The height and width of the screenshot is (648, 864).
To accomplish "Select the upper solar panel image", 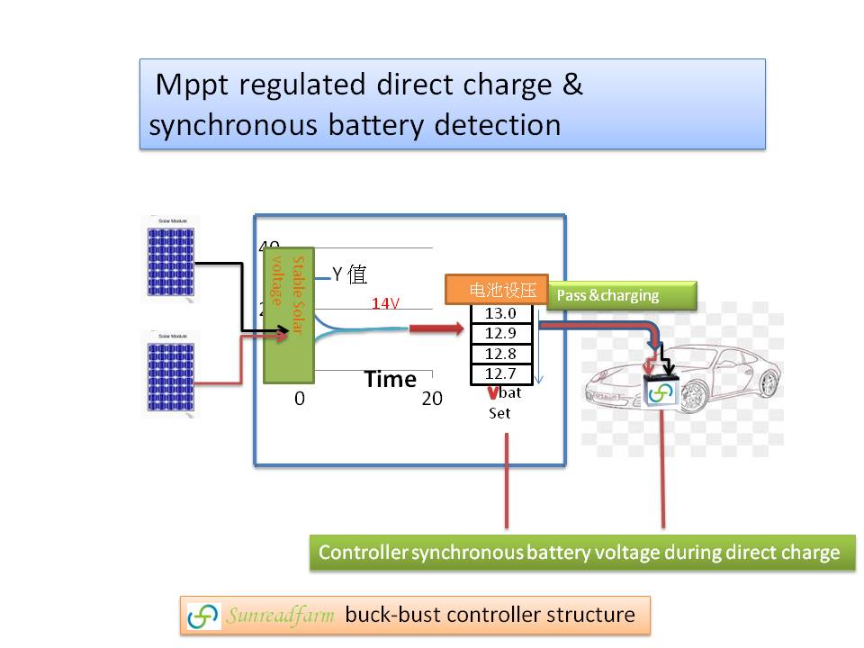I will coord(170,259).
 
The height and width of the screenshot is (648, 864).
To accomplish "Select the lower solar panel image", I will coord(170,373).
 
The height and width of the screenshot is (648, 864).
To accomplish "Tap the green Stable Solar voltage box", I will coord(288,315).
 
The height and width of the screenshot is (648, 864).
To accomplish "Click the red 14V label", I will coord(386,304).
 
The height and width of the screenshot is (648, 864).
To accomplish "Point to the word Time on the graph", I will coord(390,380).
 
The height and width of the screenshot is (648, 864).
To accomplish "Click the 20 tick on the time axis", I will coord(432,399).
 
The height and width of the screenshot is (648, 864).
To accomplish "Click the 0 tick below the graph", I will coord(300,399).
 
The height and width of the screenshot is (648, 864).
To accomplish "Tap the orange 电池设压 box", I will coord(497,290).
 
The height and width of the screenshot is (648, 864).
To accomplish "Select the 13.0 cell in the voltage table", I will coord(500,314).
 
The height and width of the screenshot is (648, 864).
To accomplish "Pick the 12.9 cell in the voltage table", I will coord(500,334).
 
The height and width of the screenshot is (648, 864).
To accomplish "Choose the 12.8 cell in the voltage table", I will coord(500,354).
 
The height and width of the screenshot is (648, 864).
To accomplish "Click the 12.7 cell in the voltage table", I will coord(500,373).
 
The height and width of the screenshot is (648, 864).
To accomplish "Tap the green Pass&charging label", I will coord(621,295).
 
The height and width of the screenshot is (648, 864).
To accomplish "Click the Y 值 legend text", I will coord(349,274).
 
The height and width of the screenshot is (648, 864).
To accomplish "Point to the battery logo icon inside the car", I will coord(661,393).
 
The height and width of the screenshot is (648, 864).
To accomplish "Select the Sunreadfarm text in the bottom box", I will coord(281,616).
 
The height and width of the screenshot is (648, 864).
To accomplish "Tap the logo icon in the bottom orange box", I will coord(203,616).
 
